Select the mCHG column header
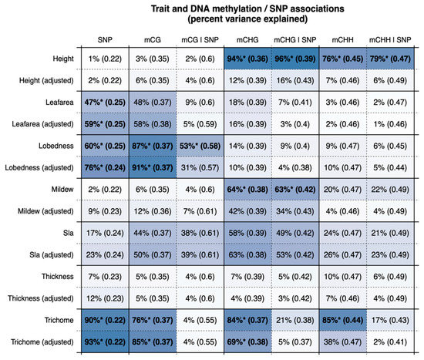pyautogui.click(x=247, y=38)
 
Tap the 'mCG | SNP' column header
pyautogui.click(x=200, y=38)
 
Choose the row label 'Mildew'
pyautogui.click(x=67, y=187)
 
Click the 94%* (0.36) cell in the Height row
pyautogui.click(x=247, y=59)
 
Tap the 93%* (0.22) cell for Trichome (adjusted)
pyautogui.click(x=104, y=340)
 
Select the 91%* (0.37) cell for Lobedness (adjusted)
pyautogui.click(x=152, y=166)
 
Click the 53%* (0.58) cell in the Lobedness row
pyautogui.click(x=200, y=144)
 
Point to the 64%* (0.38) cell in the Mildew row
pyautogui.click(x=247, y=187)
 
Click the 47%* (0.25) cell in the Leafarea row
pyautogui.click(x=104, y=101)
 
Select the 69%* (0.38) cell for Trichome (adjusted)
pyautogui.click(x=247, y=340)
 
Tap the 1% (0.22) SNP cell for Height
pyautogui.click(x=104, y=59)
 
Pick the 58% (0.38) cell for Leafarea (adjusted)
pyautogui.click(x=152, y=123)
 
